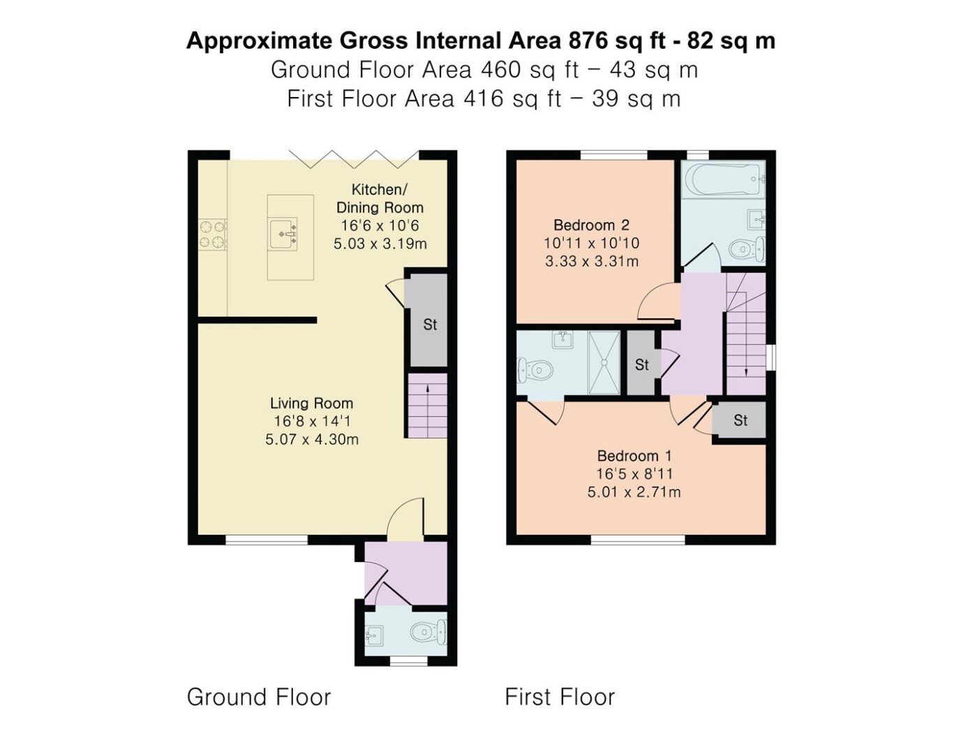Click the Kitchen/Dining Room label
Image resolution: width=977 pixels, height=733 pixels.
[x=380, y=198]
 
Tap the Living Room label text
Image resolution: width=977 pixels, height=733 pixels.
[x=311, y=403]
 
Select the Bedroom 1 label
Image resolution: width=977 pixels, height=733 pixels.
[x=634, y=456]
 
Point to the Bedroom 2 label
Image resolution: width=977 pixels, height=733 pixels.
[x=592, y=225]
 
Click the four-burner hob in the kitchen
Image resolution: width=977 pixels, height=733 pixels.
[x=212, y=235]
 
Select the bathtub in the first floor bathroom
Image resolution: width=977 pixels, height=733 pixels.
[x=723, y=179]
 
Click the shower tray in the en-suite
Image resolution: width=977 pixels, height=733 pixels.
[x=604, y=362]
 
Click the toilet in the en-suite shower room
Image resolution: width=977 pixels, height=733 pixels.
[x=535, y=370]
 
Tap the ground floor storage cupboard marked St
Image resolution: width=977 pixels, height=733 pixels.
[x=428, y=320]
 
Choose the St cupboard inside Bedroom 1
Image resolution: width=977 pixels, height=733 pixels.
[x=739, y=420]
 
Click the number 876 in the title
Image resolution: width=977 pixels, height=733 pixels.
[x=588, y=41]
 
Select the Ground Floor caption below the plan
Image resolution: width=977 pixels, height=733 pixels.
[x=259, y=697]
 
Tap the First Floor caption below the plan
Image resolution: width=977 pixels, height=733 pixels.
[x=560, y=697]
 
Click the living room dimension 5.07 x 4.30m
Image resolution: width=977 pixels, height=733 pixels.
[x=311, y=440]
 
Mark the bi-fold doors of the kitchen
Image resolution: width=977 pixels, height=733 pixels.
[x=354, y=159]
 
